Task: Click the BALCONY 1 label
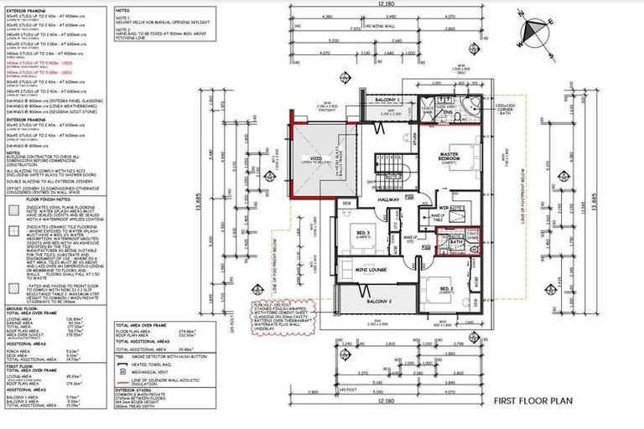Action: click(x=386, y=100)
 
